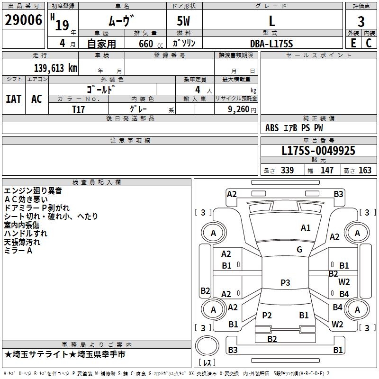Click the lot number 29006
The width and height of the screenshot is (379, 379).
[23, 20]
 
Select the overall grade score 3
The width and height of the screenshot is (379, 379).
[361, 21]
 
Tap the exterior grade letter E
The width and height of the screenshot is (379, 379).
[353, 43]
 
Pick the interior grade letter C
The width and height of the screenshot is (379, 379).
[369, 43]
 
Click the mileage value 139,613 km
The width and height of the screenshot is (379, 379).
[55, 68]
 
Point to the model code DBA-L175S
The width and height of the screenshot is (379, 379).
[271, 44]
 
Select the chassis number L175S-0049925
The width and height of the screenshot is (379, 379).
[318, 151]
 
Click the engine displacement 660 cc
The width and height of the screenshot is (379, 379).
[151, 44]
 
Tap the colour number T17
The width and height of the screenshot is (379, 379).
[78, 109]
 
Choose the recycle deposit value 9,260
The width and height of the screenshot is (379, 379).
[239, 109]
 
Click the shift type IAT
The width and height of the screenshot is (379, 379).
[14, 99]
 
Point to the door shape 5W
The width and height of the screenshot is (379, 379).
[183, 21]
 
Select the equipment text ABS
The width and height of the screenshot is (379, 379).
[272, 128]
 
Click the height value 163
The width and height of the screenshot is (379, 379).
[365, 170]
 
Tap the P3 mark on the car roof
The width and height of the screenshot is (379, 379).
[285, 282]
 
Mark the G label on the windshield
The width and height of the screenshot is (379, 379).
[299, 250]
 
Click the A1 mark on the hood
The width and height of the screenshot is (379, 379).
[306, 228]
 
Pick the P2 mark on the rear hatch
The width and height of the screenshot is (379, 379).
[267, 315]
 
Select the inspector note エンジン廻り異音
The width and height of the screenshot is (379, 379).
[33, 191]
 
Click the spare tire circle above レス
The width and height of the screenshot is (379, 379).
[207, 346]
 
